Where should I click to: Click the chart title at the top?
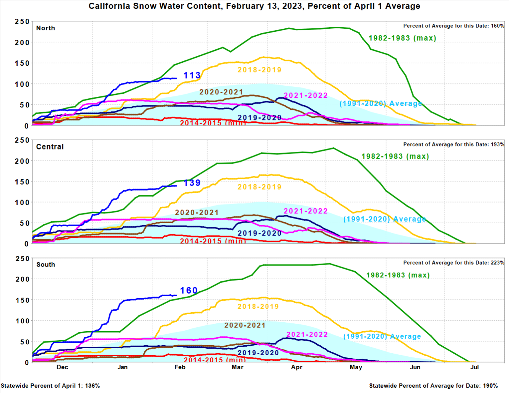coord(254,6)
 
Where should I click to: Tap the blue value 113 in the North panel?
coord(192,75)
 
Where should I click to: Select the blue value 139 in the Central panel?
coord(192,183)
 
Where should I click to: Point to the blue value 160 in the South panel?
coord(189,291)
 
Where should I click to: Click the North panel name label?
coord(46,28)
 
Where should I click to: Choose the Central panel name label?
coord(50,147)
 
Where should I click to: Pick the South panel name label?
coord(46,265)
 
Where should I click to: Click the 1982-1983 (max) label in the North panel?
coord(402,38)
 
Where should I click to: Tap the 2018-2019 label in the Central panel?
coord(259,187)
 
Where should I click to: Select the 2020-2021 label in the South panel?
coord(245,325)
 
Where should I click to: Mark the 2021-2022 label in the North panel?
coord(306,96)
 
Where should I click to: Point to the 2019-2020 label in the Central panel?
coord(259,233)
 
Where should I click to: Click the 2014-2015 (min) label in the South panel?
coord(215,360)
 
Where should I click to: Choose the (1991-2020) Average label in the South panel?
coord(382,336)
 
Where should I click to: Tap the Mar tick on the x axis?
coord(237,367)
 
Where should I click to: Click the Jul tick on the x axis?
coord(474,367)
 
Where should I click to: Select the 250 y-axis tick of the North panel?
coord(22,22)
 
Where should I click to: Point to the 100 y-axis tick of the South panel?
coord(22,321)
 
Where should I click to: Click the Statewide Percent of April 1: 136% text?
coord(50,386)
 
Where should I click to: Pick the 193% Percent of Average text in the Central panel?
coord(454,145)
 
